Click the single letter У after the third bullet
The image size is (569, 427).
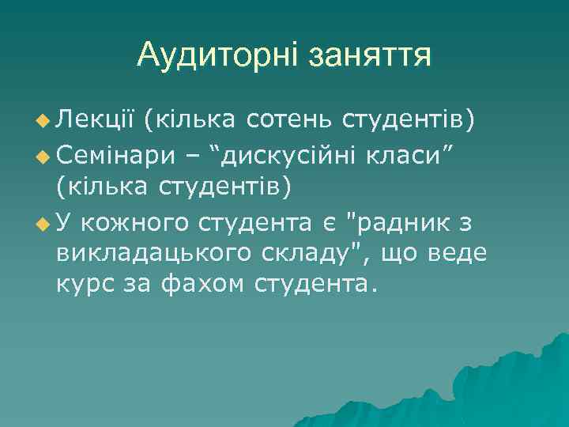(65, 224)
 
